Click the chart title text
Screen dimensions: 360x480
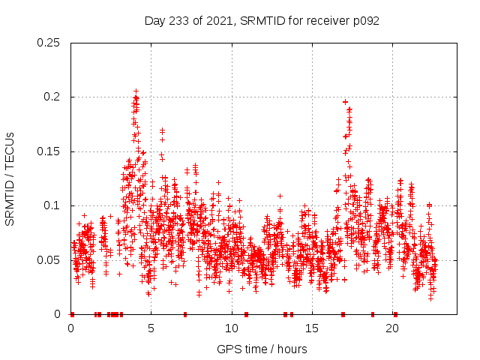(x=262, y=21)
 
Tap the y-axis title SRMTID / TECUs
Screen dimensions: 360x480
(x=10, y=178)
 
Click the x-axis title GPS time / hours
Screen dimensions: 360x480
(x=262, y=349)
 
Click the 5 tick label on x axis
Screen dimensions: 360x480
(x=151, y=328)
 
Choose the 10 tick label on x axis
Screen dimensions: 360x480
(x=232, y=328)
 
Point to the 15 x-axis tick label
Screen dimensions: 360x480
(x=312, y=328)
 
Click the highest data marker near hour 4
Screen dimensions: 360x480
(x=136, y=91)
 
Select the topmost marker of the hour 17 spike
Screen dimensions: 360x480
(x=345, y=102)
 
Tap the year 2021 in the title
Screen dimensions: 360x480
(x=220, y=21)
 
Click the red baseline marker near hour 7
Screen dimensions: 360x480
(x=185, y=314)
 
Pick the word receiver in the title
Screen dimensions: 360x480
(x=328, y=21)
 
